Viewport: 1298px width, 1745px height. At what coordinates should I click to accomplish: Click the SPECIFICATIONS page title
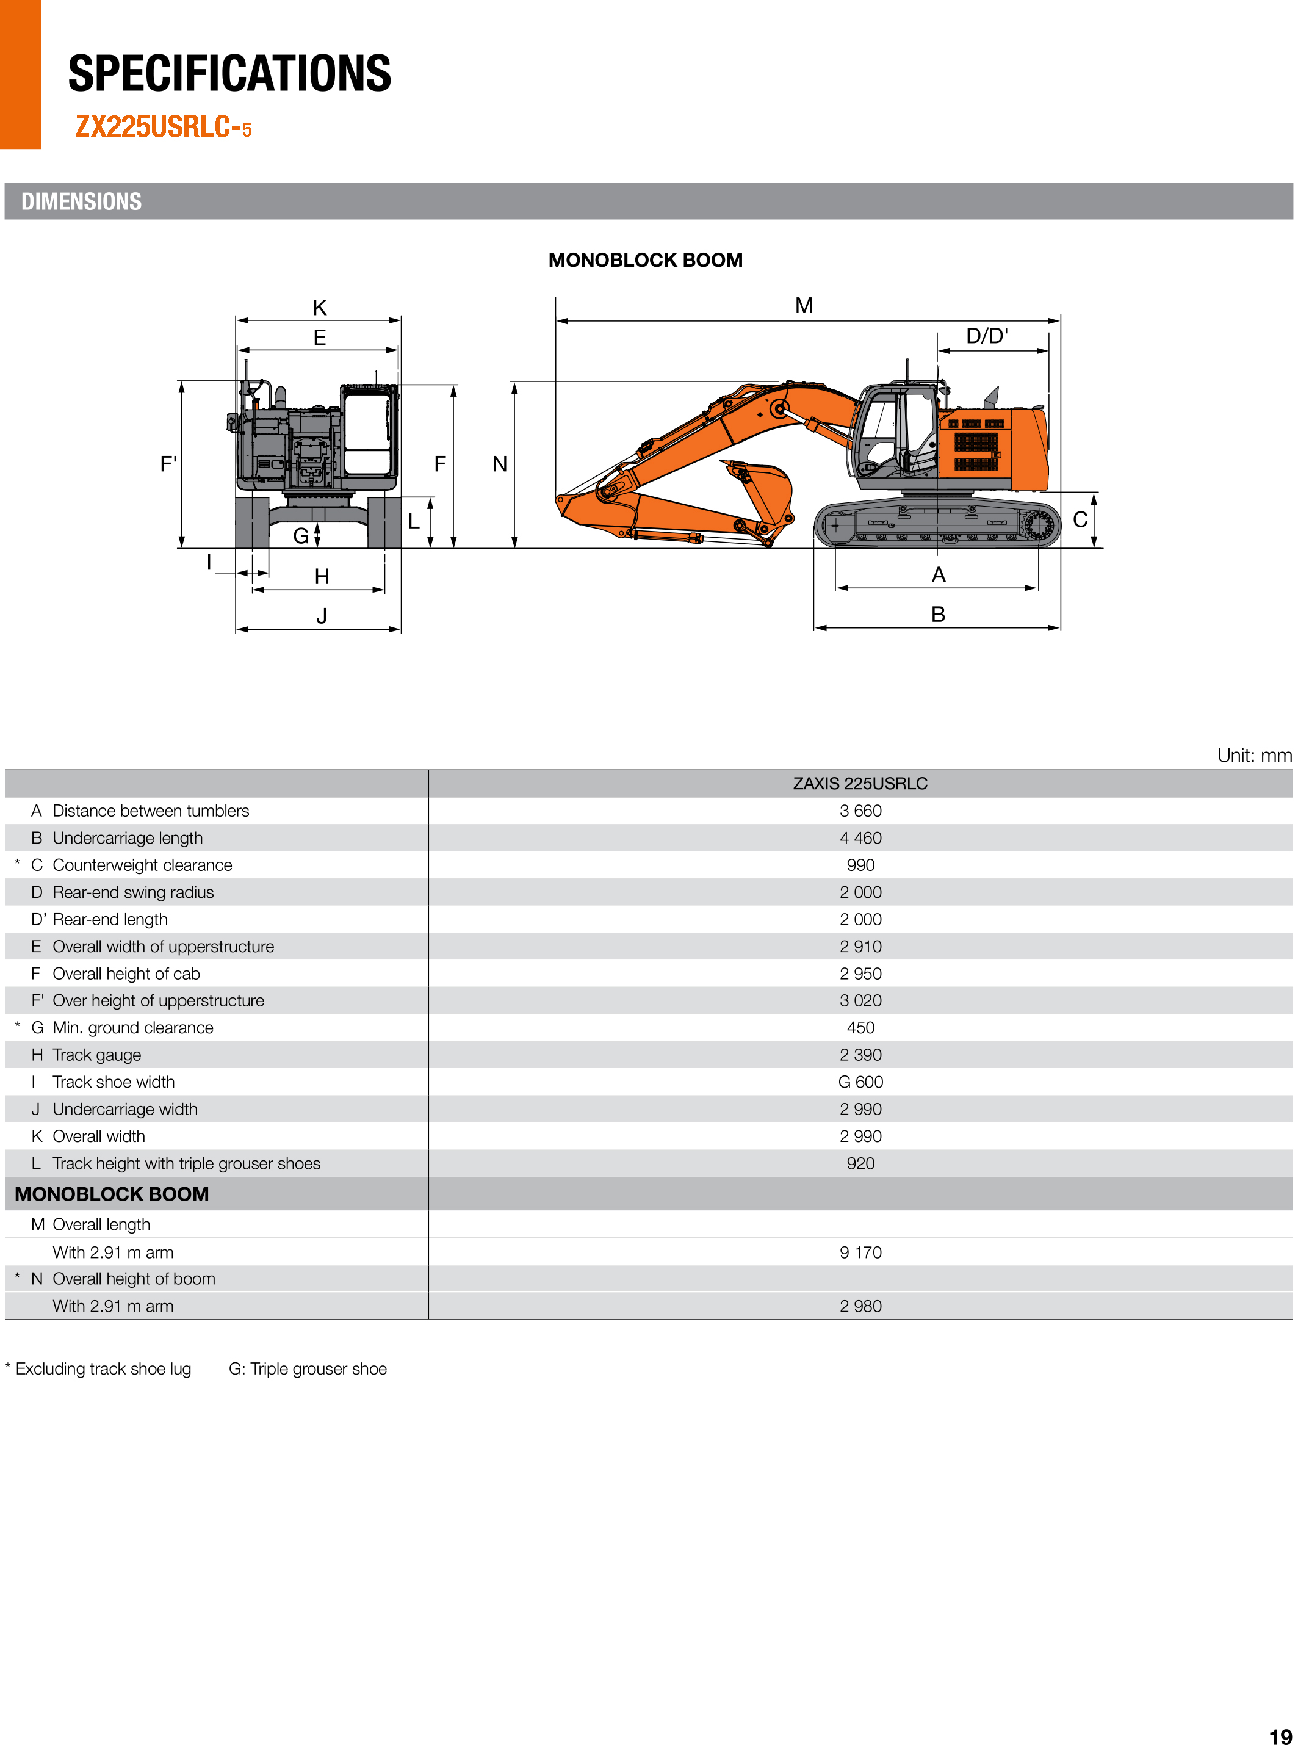click(x=229, y=74)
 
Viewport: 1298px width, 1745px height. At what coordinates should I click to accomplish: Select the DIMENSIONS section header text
click(x=82, y=202)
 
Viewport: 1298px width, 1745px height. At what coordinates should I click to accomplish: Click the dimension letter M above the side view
click(x=803, y=306)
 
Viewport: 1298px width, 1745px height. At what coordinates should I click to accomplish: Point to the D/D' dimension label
click(x=986, y=336)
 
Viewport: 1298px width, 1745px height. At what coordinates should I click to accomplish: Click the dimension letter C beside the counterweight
click(x=1080, y=520)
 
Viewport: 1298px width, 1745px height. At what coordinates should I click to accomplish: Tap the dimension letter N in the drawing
click(x=500, y=464)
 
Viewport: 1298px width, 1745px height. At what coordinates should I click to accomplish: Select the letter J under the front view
click(x=322, y=616)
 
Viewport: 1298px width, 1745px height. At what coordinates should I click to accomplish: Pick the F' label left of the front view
click(x=168, y=464)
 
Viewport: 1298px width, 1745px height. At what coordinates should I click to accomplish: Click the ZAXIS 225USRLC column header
click(x=860, y=783)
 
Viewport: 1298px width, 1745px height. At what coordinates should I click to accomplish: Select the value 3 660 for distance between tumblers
click(x=860, y=811)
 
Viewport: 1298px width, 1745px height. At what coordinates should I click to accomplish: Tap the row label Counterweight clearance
click(x=142, y=865)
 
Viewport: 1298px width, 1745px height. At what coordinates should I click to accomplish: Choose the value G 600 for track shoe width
click(x=860, y=1082)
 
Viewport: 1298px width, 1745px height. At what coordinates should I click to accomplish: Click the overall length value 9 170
click(x=860, y=1252)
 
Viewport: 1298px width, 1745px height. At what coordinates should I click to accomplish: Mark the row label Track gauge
click(x=96, y=1055)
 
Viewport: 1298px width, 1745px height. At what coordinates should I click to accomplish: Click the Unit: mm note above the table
click(x=1254, y=756)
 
